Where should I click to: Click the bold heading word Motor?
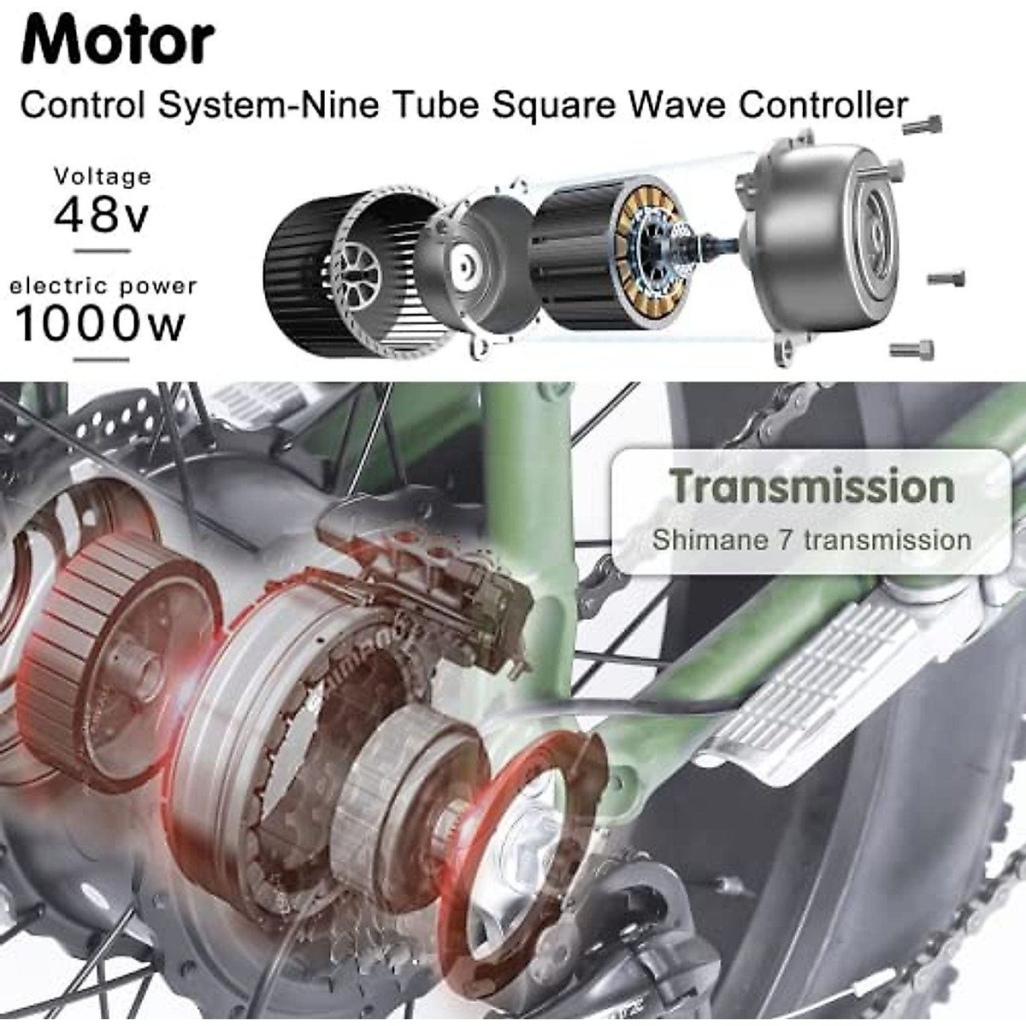(117, 39)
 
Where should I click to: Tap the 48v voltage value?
(101, 214)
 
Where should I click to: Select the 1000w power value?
(100, 323)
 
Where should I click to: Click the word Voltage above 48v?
(103, 176)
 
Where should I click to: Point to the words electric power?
(103, 286)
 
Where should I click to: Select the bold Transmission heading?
(811, 486)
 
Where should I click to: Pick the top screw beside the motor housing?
(922, 125)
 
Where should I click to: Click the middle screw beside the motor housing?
(946, 278)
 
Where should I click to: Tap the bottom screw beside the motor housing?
(911, 350)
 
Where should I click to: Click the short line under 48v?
(102, 251)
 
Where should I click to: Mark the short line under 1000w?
(101, 359)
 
